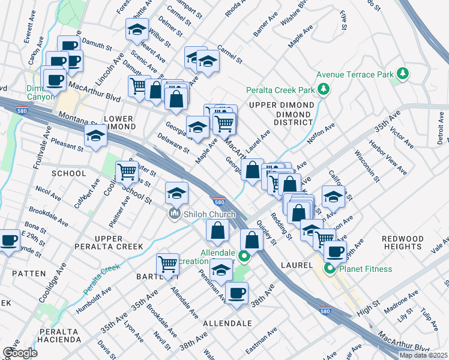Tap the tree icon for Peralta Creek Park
click(324, 90)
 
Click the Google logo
click(20, 352)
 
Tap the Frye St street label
click(343, 19)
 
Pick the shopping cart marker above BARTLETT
click(167, 264)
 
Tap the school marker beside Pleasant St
click(95, 136)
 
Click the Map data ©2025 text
click(423, 355)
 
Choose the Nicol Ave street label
click(49, 193)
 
